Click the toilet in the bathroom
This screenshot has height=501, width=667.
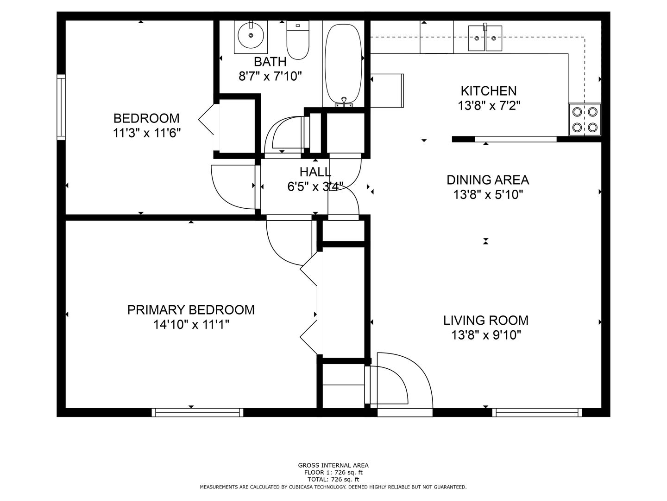point(297,40)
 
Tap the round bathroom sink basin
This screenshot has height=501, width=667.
point(251,35)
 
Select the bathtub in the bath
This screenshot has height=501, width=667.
point(343,64)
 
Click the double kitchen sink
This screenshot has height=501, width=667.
point(485,39)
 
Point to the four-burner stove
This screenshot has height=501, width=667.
point(585,120)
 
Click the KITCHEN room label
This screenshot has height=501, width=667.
point(489,91)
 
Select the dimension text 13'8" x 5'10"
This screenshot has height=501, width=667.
point(488,195)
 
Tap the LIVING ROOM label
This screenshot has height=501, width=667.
point(486,320)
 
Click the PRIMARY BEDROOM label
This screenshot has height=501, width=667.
point(191,310)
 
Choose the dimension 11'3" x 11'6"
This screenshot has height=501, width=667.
point(147,133)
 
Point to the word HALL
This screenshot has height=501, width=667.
point(315,172)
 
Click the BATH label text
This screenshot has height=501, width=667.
point(270,62)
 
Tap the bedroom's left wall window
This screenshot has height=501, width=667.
point(61,107)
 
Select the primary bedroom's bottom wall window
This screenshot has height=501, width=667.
point(197,412)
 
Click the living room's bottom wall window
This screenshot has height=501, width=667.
point(537,412)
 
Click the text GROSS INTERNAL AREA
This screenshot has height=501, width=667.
point(333,465)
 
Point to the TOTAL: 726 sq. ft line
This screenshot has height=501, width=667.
point(333,480)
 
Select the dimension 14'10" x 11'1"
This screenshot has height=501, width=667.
point(191,325)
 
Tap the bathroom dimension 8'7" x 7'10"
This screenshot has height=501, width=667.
point(270,77)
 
